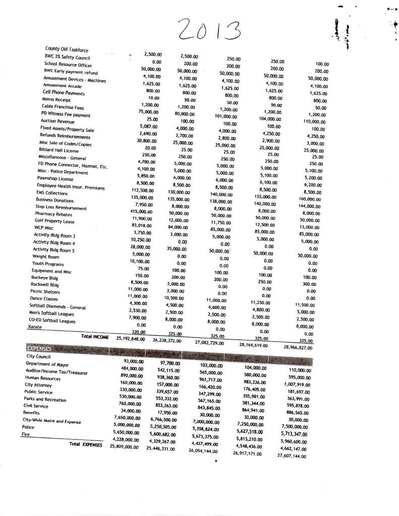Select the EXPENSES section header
(x=38, y=348)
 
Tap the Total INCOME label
(x=95, y=336)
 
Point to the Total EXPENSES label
(x=86, y=444)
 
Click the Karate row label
(x=34, y=327)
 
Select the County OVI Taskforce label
(x=67, y=49)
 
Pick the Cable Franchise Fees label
(x=63, y=107)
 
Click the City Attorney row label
(x=36, y=384)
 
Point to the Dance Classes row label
(x=44, y=299)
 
